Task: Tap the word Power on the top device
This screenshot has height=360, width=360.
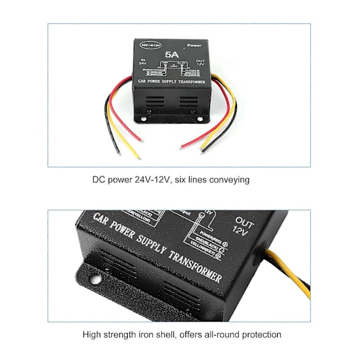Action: pos(194,46)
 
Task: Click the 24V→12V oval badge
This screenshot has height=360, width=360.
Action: pos(151,44)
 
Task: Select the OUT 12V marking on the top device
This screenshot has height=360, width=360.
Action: pos(200,62)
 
